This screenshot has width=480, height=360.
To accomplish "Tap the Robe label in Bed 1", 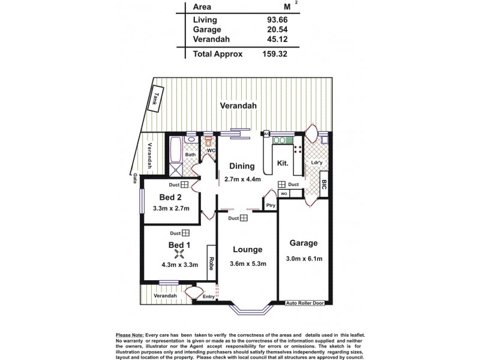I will (211, 262).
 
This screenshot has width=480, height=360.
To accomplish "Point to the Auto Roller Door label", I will (308, 303).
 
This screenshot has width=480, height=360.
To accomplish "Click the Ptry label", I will (271, 205).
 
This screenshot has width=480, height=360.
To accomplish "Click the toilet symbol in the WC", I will (208, 143).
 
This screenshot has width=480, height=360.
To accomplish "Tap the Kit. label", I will (283, 163).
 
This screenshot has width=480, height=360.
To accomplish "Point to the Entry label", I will (208, 296).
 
